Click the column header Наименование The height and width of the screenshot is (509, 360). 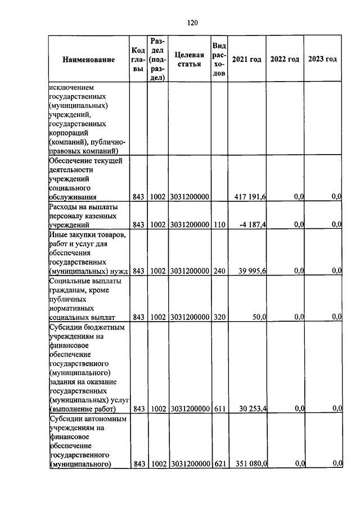tap(88, 59)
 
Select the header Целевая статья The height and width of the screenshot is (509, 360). tap(189, 59)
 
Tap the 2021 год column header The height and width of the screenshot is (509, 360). tap(247, 59)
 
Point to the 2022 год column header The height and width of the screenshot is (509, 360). tap(285, 59)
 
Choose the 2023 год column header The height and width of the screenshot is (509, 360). tap(322, 59)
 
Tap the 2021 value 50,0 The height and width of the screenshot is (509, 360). tap(259, 317)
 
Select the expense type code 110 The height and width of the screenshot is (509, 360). tap(219, 224)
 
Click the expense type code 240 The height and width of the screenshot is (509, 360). tap(219, 271)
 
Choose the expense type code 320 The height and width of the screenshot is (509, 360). tap(219, 317)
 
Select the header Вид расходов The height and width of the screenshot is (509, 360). tap(219, 59)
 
